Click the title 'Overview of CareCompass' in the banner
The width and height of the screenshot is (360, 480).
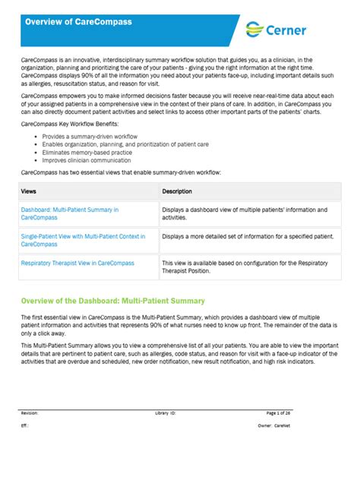click(78, 22)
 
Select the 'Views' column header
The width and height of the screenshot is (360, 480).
click(29, 191)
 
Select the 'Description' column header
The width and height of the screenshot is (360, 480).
click(177, 191)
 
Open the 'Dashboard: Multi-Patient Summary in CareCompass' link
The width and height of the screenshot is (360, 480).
click(69, 213)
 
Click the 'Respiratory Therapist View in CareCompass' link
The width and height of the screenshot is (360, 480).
click(77, 263)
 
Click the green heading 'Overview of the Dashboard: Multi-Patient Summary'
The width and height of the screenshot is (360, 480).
click(112, 301)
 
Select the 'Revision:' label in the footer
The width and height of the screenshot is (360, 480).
click(30, 412)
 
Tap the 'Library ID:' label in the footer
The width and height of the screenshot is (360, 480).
click(165, 412)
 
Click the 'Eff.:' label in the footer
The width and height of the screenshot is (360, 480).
click(25, 426)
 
